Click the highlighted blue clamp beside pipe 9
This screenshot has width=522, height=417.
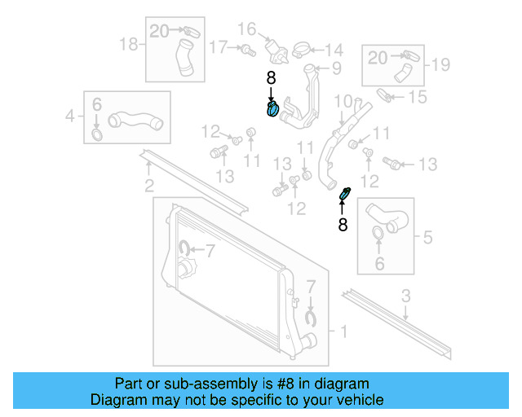(x=273, y=109)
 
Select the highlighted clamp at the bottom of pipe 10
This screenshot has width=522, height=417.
(x=344, y=195)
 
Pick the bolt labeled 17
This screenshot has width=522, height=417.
(x=245, y=50)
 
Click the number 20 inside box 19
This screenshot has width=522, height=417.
(x=378, y=57)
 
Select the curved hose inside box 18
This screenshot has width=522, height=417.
(x=183, y=61)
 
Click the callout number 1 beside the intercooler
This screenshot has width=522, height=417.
(x=343, y=331)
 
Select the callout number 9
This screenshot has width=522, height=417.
(x=335, y=68)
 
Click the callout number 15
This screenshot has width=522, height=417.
(x=418, y=98)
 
